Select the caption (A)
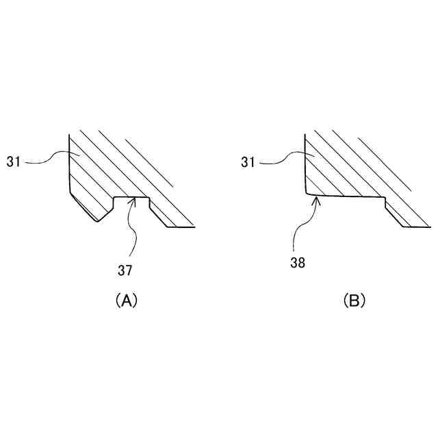point(126,300)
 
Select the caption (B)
point(355,300)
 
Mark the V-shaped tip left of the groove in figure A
point(96,220)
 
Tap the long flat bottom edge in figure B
point(349,197)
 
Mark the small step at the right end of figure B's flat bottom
point(385,202)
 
